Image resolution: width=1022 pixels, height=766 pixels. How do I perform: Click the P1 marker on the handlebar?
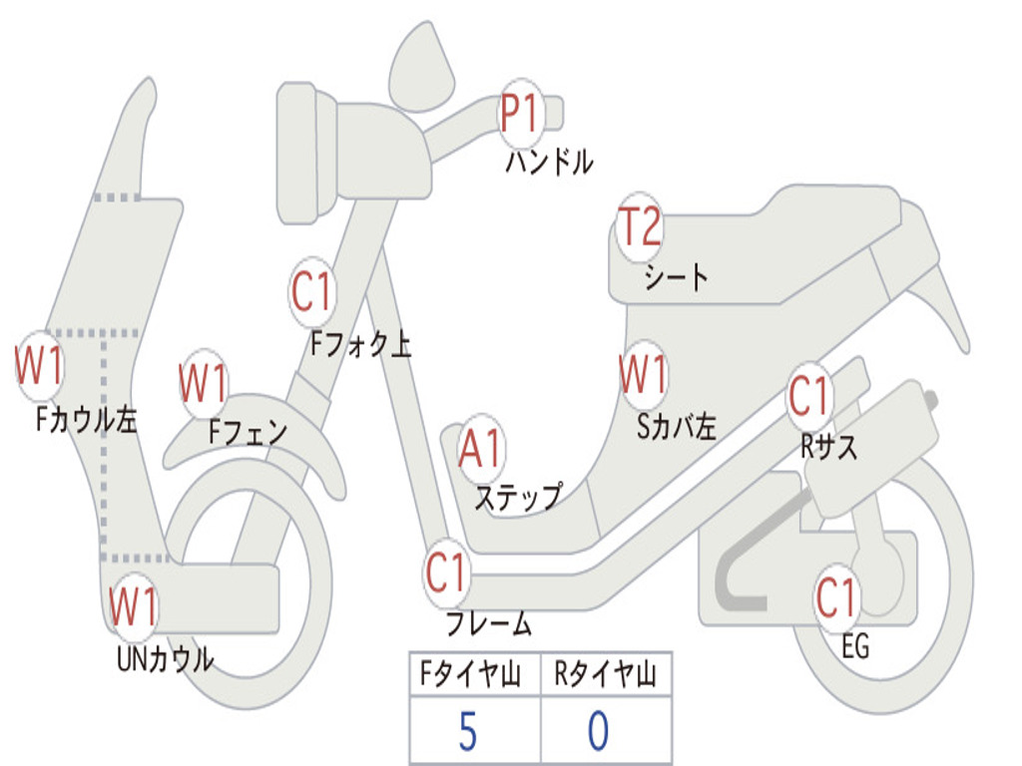pos(520,113)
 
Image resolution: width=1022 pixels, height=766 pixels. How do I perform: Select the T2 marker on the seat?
pos(639,226)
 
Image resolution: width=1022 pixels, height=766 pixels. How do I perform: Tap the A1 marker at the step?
pos(481,450)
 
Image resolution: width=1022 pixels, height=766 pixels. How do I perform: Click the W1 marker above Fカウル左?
pos(40,366)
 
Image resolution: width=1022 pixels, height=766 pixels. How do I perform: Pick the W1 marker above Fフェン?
pos(204,383)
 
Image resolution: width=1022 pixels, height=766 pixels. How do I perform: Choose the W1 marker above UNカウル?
pos(134,604)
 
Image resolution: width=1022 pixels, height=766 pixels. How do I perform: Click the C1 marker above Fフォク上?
pos(311,292)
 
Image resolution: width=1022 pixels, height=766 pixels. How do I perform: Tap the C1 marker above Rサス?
pos(809,397)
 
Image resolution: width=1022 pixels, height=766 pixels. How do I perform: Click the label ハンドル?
pos(549,162)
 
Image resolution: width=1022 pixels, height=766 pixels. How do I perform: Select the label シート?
pos(676,276)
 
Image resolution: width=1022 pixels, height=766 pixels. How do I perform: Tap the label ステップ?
pos(517,497)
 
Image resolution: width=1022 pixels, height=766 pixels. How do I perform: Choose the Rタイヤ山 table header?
pos(605,676)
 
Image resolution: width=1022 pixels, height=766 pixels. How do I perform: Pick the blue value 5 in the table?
pos(467,732)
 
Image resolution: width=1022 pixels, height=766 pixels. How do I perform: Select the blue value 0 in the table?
pos(598,732)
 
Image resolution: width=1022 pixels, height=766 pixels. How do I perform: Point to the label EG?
pos(855,646)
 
